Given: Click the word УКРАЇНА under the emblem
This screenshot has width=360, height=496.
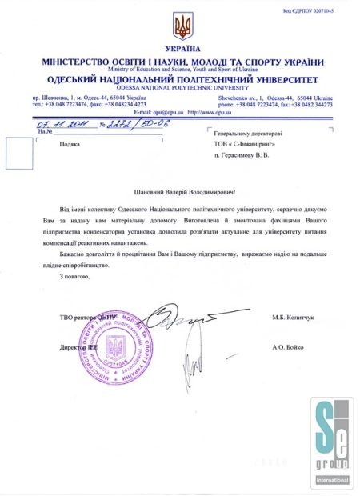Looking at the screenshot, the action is click(x=183, y=50).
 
